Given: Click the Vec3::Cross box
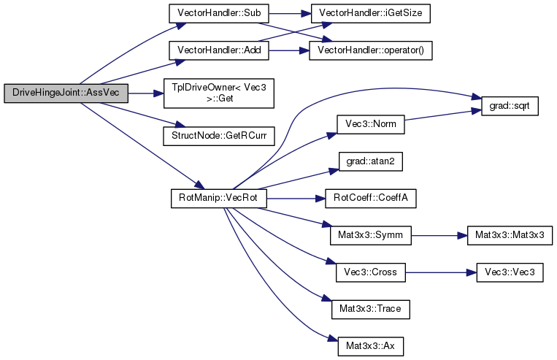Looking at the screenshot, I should point(369,272).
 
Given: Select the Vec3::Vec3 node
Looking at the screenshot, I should point(511,272).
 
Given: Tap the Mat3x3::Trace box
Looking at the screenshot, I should point(370,308).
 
